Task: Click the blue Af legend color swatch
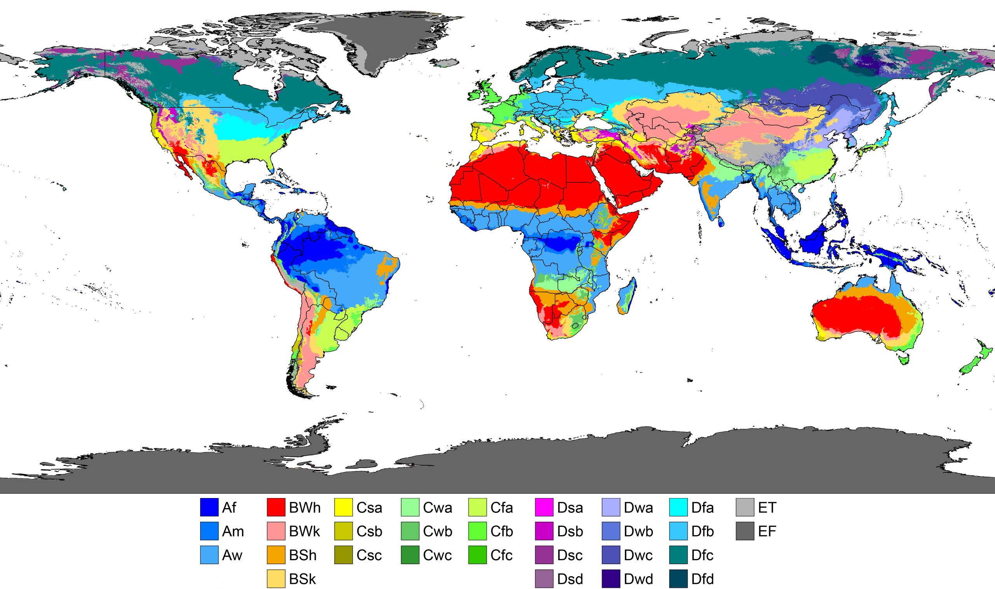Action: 209,507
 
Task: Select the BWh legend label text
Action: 304,508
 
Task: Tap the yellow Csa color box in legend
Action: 343,507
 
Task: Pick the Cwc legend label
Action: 437,555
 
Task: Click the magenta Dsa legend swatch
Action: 544,507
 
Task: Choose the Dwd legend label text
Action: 638,579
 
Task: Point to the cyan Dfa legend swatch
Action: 678,507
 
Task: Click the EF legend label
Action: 767,531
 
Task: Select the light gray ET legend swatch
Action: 745,507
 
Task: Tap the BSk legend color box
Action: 276,579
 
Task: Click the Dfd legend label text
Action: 702,579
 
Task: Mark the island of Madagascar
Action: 627,296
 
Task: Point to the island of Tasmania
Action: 904,360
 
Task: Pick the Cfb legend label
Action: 501,531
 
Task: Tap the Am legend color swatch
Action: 209,531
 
